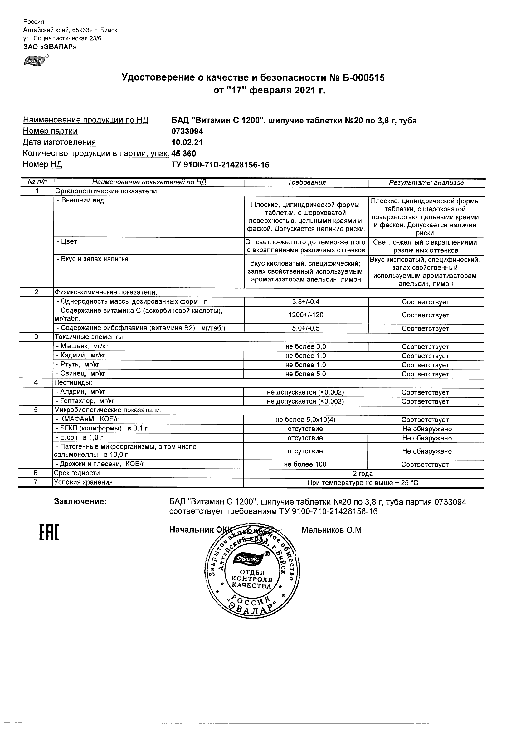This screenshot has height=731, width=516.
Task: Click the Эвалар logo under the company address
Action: click(35, 61)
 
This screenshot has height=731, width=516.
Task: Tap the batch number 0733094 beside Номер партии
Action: click(187, 131)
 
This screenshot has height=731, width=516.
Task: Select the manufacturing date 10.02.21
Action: click(187, 142)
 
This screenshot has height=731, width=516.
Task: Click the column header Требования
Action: click(306, 182)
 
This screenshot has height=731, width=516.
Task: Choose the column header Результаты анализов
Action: click(426, 183)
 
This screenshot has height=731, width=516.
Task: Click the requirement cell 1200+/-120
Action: click(306, 315)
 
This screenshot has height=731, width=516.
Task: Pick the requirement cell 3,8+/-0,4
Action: click(306, 302)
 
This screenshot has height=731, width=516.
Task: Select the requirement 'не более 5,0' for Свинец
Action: click(305, 374)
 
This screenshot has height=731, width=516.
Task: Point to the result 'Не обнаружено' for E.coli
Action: click(427, 438)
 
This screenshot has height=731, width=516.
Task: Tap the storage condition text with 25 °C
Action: click(363, 483)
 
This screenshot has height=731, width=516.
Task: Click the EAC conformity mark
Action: click(49, 533)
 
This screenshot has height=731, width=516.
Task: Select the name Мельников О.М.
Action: click(332, 530)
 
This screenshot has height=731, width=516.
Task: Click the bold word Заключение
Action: click(80, 502)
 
